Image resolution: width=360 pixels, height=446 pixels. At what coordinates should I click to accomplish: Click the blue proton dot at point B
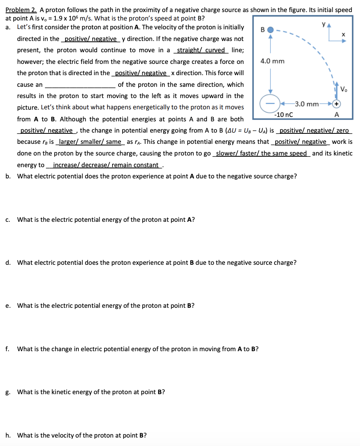[270, 30]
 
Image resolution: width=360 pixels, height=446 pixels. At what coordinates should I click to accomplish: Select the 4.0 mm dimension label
[272, 61]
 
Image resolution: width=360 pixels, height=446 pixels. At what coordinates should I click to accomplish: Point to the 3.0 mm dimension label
[307, 104]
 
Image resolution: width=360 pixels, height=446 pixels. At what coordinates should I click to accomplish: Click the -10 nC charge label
[283, 115]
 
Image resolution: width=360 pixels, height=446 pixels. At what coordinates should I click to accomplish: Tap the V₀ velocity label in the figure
[344, 89]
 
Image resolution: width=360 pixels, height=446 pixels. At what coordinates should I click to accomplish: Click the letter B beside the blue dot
[263, 30]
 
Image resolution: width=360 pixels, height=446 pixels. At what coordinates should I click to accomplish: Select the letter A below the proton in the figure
[336, 115]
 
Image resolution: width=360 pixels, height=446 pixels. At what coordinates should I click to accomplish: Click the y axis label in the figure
[324, 24]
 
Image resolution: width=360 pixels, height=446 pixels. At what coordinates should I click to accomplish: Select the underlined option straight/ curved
[201, 50]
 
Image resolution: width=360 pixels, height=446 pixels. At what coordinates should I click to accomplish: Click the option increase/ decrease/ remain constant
[106, 165]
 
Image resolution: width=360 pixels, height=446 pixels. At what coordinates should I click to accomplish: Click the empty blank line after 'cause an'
[80, 85]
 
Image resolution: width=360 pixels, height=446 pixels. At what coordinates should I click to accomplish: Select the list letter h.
[8, 435]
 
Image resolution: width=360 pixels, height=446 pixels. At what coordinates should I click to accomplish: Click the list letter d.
[8, 263]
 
